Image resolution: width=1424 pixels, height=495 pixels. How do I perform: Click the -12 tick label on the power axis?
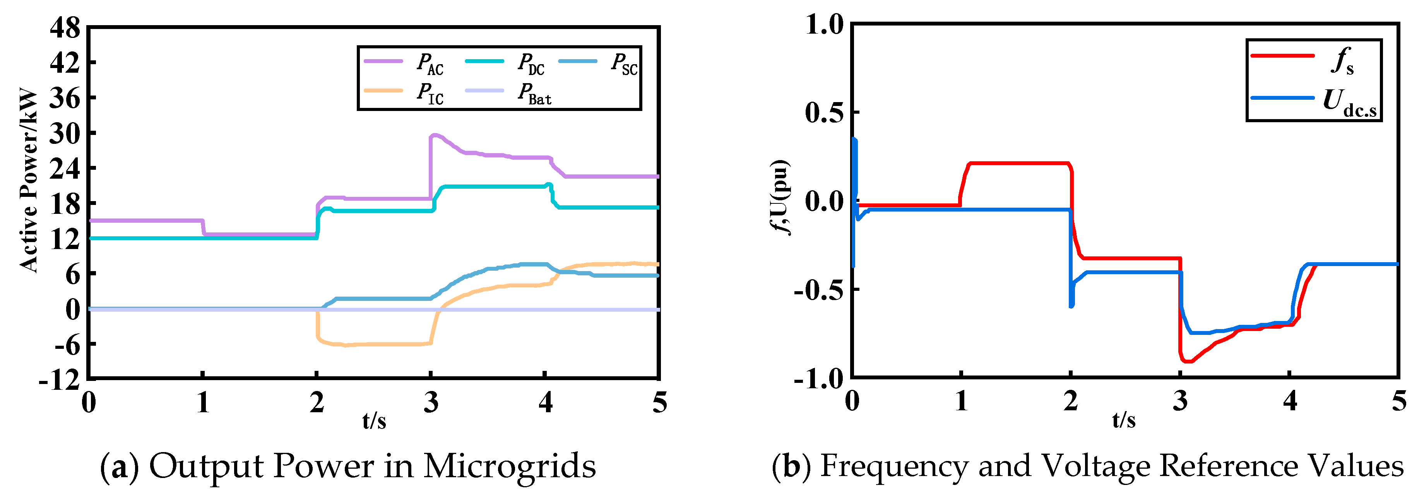[x=60, y=380]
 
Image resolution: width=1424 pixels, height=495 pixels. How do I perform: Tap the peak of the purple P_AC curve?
[x=435, y=135]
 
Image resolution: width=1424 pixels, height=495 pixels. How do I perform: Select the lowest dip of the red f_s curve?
[x=1187, y=361]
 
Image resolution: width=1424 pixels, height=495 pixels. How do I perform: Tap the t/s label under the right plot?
[x=1123, y=420]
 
